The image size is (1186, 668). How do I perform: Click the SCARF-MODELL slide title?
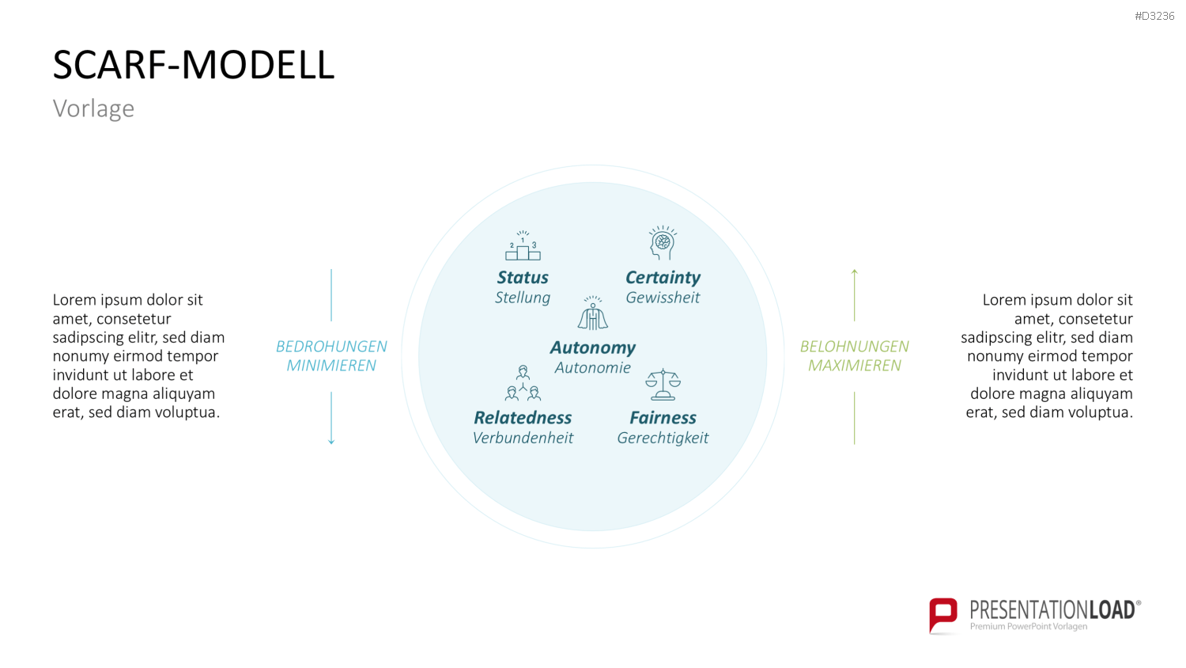194,65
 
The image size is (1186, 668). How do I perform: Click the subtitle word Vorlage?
94,108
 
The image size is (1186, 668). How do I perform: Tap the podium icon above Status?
523,245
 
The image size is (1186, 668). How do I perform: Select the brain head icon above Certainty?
663,243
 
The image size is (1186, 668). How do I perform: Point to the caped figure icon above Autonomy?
593,313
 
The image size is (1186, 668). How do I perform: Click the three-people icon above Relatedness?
523,382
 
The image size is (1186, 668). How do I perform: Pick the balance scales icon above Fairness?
663,385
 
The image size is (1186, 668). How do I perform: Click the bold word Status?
523,277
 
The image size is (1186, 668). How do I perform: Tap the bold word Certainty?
663,278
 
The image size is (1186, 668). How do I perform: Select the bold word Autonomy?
593,347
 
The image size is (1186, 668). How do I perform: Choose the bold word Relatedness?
523,418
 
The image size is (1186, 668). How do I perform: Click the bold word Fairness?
663,418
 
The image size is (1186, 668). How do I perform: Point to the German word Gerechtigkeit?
663,438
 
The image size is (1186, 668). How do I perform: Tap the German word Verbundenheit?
523,438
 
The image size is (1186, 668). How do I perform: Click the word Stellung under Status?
523,298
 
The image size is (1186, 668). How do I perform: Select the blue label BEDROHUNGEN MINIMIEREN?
331,355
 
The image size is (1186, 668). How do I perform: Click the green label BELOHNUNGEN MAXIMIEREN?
854,355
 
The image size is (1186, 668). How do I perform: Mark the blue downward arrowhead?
331,441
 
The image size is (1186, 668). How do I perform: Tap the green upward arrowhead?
854,272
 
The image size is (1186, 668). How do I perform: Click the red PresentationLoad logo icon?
943,615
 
